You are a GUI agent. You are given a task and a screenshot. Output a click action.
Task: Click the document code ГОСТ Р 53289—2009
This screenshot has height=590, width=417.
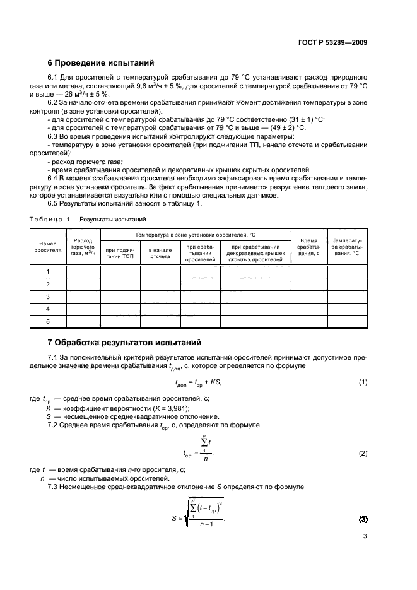[333, 42]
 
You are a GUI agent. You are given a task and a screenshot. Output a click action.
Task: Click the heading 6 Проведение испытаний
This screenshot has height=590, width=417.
[100, 63]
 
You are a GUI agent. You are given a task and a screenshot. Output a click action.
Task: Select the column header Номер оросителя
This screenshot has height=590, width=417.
[49, 247]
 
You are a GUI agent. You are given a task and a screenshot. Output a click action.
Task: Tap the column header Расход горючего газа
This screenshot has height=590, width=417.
[83, 247]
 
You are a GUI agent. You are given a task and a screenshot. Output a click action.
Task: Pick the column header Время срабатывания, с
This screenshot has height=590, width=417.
[308, 247]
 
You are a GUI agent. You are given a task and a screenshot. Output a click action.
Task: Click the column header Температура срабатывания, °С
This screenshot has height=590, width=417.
[346, 247]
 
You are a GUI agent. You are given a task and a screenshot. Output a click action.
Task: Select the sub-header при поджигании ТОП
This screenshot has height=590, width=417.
[119, 253]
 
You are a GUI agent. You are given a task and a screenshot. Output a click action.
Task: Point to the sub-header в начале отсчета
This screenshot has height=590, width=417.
[160, 253]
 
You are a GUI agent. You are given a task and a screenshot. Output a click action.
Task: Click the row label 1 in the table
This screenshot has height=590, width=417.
[49, 271]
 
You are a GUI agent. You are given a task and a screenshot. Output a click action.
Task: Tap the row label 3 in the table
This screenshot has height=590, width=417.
[49, 297]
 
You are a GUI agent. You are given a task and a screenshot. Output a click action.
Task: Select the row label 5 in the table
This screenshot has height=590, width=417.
[49, 321]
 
